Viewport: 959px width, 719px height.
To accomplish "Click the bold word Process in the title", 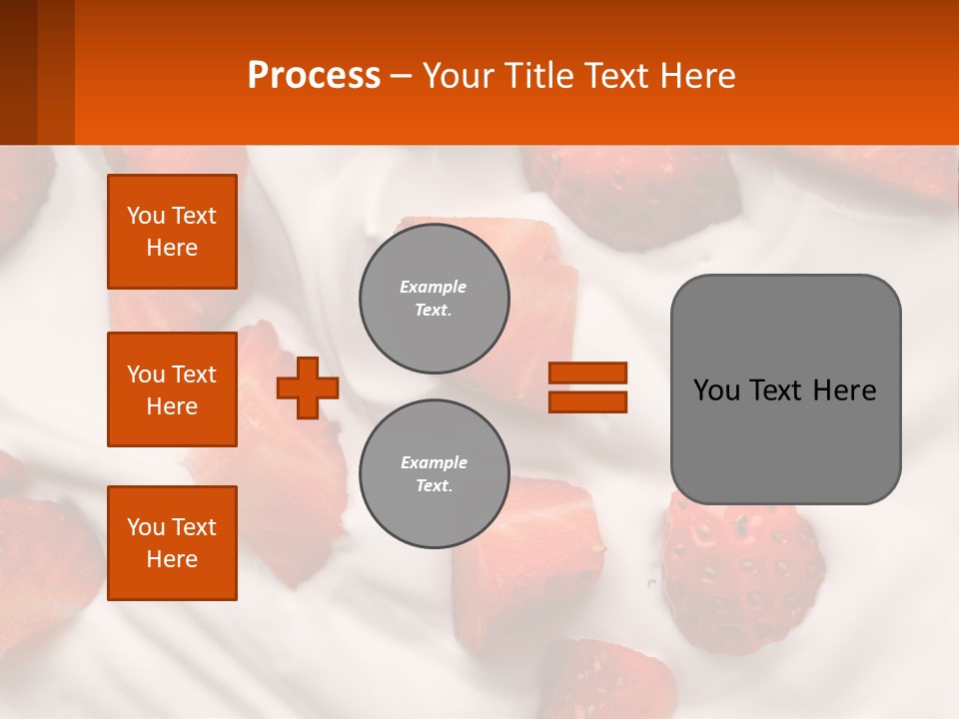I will point(314,76).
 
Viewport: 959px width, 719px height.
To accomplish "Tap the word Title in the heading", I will point(538,76).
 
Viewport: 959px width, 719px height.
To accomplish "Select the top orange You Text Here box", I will point(172,232).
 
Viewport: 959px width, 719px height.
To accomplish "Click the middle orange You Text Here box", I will point(172,389).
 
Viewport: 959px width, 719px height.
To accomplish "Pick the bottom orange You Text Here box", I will point(172,543).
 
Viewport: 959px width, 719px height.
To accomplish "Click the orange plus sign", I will point(308,386).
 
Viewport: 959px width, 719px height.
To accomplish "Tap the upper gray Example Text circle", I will point(434,298).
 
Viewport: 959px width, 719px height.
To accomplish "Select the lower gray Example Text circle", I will point(434,473).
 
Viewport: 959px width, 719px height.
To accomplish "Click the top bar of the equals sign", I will point(587,373).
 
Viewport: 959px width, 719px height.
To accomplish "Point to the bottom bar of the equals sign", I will point(587,401).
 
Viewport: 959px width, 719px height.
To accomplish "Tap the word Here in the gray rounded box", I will point(844,390).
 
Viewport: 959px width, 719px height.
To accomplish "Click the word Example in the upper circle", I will point(434,287).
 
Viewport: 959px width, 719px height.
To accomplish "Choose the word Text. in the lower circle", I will point(434,486).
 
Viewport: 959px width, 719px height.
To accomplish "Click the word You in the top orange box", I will point(145,216).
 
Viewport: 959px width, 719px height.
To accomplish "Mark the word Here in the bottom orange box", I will point(172,559).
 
